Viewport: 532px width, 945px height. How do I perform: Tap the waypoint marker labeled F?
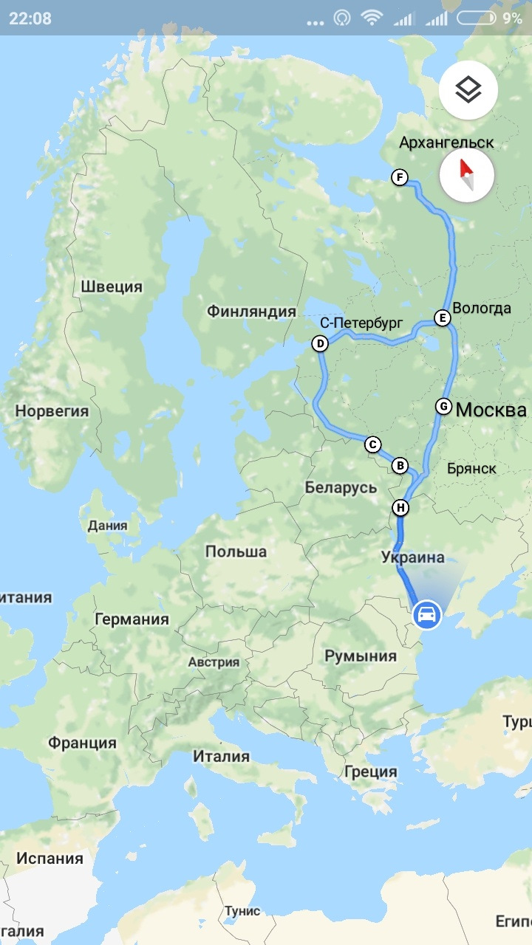click(x=400, y=177)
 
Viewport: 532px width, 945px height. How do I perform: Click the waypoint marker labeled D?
click(x=320, y=343)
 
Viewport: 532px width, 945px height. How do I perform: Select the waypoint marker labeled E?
click(x=442, y=318)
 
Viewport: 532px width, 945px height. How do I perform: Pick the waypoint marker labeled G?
click(x=443, y=406)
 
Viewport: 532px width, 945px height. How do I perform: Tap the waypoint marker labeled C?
click(x=372, y=444)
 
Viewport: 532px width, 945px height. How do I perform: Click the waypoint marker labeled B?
click(x=400, y=466)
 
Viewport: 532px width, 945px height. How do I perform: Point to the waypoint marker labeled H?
click(x=400, y=508)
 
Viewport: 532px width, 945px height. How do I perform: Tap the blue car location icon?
click(x=426, y=614)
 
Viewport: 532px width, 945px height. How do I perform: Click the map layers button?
click(x=468, y=90)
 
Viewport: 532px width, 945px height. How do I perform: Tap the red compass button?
click(x=466, y=175)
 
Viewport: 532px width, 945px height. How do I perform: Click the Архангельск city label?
click(x=446, y=142)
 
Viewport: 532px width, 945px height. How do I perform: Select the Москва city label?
click(x=491, y=410)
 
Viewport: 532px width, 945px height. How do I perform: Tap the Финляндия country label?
click(x=251, y=312)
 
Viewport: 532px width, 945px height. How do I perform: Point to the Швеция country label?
click(x=112, y=286)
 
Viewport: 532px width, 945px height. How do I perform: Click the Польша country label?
click(x=236, y=551)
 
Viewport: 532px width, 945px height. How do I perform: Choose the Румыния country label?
click(x=361, y=656)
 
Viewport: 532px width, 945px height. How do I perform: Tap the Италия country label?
click(x=221, y=756)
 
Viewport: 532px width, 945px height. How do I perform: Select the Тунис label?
click(x=242, y=911)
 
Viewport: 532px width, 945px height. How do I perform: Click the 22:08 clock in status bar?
click(x=30, y=18)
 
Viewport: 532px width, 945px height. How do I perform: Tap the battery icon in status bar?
click(x=477, y=18)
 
